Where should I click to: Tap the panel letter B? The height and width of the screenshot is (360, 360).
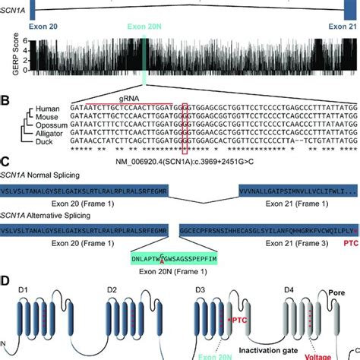pyautogui.click(x=6, y=98)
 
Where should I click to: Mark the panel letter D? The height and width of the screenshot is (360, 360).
pyautogui.click(x=7, y=280)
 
